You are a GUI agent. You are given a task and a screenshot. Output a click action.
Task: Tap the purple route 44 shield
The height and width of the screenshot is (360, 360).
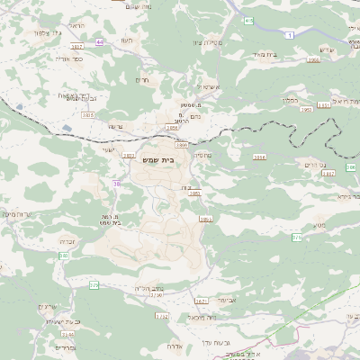pos(98,42)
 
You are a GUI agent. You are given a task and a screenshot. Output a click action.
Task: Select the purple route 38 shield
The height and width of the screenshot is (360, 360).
pos(117,184)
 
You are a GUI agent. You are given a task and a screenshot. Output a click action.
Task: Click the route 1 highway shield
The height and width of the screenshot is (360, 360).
pos(290,34)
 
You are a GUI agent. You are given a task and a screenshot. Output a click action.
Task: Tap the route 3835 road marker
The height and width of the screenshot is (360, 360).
pos(88,115)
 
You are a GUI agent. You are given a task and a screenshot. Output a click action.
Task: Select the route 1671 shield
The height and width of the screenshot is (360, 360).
pos(201,301)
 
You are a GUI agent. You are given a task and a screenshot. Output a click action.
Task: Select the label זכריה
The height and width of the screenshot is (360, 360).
pos(68,241)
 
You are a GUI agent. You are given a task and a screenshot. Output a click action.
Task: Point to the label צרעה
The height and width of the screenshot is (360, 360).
pos(114,127)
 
